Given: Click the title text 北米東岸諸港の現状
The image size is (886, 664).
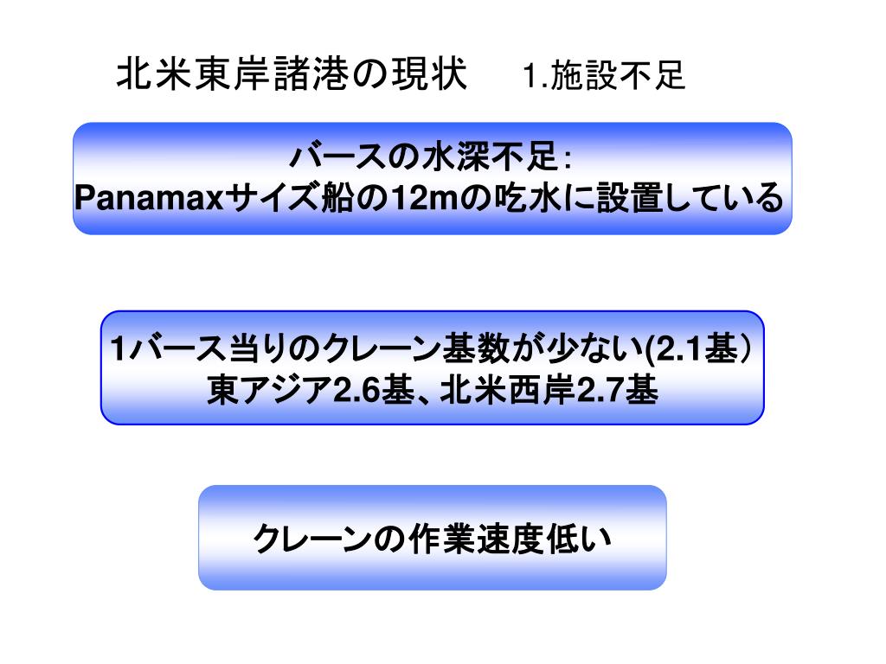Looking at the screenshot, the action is pyautogui.click(x=292, y=75).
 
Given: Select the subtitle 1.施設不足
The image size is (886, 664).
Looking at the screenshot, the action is pyautogui.click(x=603, y=77).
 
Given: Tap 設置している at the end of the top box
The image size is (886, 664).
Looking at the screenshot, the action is pyautogui.click(x=692, y=199).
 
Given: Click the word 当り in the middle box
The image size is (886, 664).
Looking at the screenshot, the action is pyautogui.click(x=249, y=351).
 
